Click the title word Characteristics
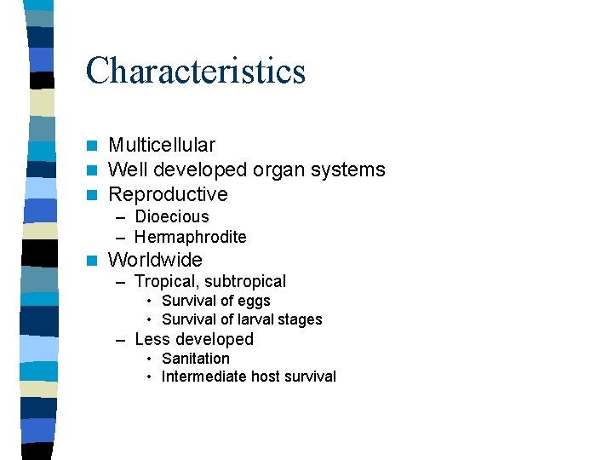point(195,71)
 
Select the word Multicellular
point(162,146)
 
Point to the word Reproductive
point(168,194)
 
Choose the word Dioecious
point(171,217)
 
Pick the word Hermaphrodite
point(190,237)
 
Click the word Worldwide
point(155,260)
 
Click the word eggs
point(254,301)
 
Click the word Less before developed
point(152,339)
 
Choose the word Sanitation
point(196,359)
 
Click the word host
point(263,377)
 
